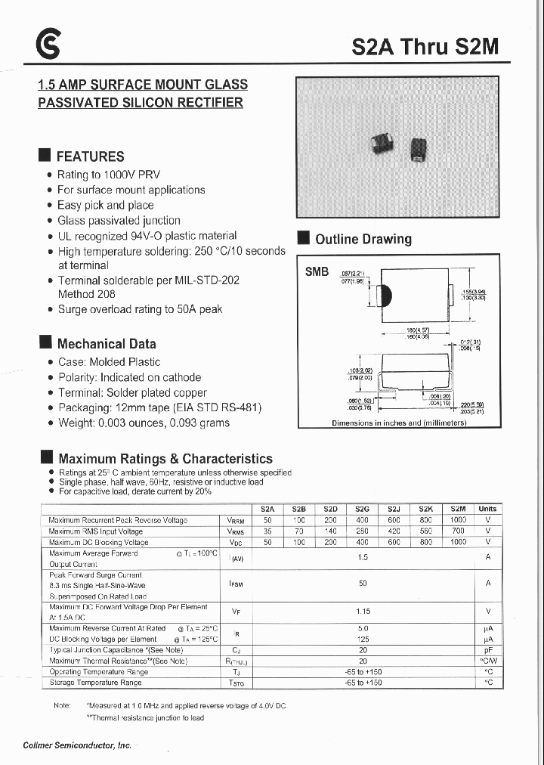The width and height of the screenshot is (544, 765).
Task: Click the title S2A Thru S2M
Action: pyautogui.click(x=425, y=47)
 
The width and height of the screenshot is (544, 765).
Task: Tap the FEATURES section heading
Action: pyautogui.click(x=90, y=156)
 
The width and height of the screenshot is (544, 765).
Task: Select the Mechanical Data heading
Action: pyautogui.click(x=107, y=344)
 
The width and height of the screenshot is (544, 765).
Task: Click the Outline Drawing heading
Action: pyautogui.click(x=363, y=239)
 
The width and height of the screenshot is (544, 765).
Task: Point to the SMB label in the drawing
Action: pyautogui.click(x=317, y=272)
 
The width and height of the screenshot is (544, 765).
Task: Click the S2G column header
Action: pyautogui.click(x=362, y=509)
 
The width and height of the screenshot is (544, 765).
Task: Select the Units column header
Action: pyautogui.click(x=487, y=509)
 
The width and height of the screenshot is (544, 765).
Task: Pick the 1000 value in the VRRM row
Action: pyautogui.click(x=458, y=520)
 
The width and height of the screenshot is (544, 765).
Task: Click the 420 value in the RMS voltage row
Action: pyautogui.click(x=394, y=531)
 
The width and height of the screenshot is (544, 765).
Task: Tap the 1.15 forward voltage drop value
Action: pyautogui.click(x=363, y=611)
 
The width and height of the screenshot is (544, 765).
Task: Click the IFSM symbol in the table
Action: pyautogui.click(x=236, y=584)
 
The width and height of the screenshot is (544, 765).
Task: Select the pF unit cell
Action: pyautogui.click(x=487, y=650)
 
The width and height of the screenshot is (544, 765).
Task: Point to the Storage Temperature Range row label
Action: pyautogui.click(x=95, y=683)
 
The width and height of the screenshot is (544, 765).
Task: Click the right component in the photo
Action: pyautogui.click(x=416, y=148)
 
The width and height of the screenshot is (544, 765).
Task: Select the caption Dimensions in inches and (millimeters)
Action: pyautogui.click(x=399, y=423)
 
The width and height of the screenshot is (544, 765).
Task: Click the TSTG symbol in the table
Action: pyautogui.click(x=236, y=683)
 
